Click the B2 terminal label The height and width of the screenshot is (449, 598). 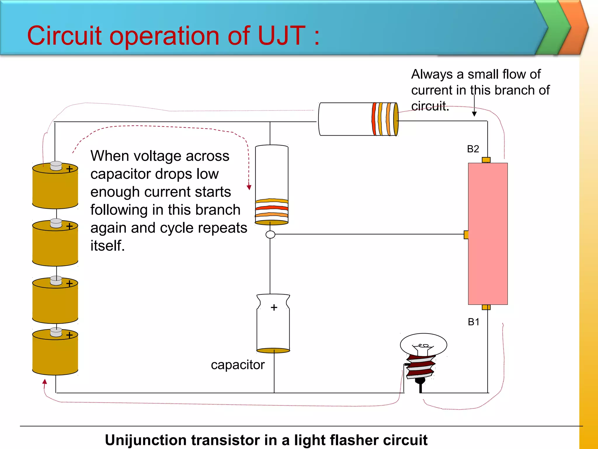tap(473, 149)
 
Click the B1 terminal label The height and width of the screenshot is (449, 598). tap(474, 322)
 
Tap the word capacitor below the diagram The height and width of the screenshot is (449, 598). tap(238, 365)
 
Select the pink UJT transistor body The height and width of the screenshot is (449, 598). tap(488, 234)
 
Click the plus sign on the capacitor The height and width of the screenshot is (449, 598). tap(274, 308)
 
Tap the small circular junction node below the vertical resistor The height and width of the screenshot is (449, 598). tap(270, 234)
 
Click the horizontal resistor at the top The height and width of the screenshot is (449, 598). tap(358, 119)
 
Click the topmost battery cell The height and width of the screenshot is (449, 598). tap(55, 187)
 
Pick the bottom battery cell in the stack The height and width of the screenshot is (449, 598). tap(55, 354)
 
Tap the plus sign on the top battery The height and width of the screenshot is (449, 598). tap(69, 169)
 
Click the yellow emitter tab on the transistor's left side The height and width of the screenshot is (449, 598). tap(466, 234)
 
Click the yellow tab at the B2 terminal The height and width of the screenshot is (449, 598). tap(486, 160)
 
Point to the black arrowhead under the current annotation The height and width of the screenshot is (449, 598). tap(474, 114)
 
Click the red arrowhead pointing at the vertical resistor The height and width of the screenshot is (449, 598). tap(249, 187)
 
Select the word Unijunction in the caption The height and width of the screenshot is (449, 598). tap(145, 440)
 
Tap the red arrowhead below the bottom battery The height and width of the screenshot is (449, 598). tap(45, 381)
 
